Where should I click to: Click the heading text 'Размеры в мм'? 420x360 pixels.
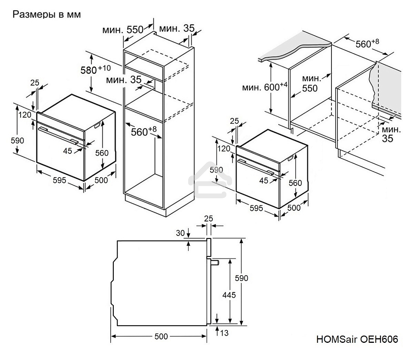(47, 15)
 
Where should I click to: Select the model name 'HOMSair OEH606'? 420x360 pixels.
(357, 339)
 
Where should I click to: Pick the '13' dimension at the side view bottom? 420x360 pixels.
(224, 333)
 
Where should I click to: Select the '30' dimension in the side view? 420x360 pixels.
(180, 232)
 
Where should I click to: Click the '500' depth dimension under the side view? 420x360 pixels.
(161, 336)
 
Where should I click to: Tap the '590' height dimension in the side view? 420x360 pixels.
(241, 278)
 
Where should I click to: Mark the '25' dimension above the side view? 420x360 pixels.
(208, 218)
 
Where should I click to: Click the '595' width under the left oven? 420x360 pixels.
(59, 180)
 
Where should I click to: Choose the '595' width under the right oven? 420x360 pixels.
(256, 208)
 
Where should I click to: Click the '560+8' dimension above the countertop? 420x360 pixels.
(367, 44)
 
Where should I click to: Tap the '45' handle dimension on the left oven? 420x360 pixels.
(68, 151)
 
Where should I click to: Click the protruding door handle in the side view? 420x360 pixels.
(214, 262)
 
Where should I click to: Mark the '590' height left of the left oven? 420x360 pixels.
(17, 140)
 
